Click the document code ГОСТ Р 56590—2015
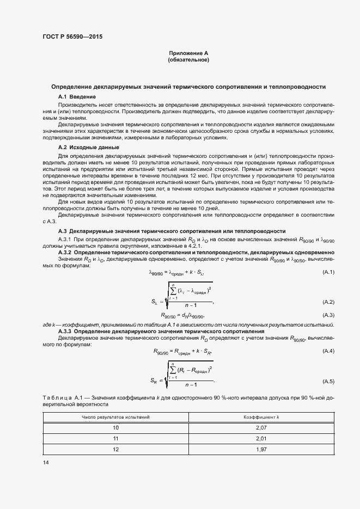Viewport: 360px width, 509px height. (x=72, y=37)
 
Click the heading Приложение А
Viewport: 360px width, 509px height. (x=188, y=53)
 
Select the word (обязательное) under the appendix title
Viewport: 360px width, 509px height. (x=188, y=60)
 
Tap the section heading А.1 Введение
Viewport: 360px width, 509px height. (x=77, y=96)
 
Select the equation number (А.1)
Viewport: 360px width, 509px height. (x=328, y=271)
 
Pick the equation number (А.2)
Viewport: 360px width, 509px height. (x=328, y=302)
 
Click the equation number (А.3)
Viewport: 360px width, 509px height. (x=328, y=315)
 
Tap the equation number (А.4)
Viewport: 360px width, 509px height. (x=328, y=351)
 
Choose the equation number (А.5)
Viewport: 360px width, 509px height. (x=328, y=381)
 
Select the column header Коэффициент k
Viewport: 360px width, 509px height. (x=261, y=417)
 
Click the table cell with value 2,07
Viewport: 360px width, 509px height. (x=261, y=428)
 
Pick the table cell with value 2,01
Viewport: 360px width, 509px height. (x=261, y=438)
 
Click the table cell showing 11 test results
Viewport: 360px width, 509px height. (x=115, y=438)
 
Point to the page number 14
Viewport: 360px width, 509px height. (x=45, y=462)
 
